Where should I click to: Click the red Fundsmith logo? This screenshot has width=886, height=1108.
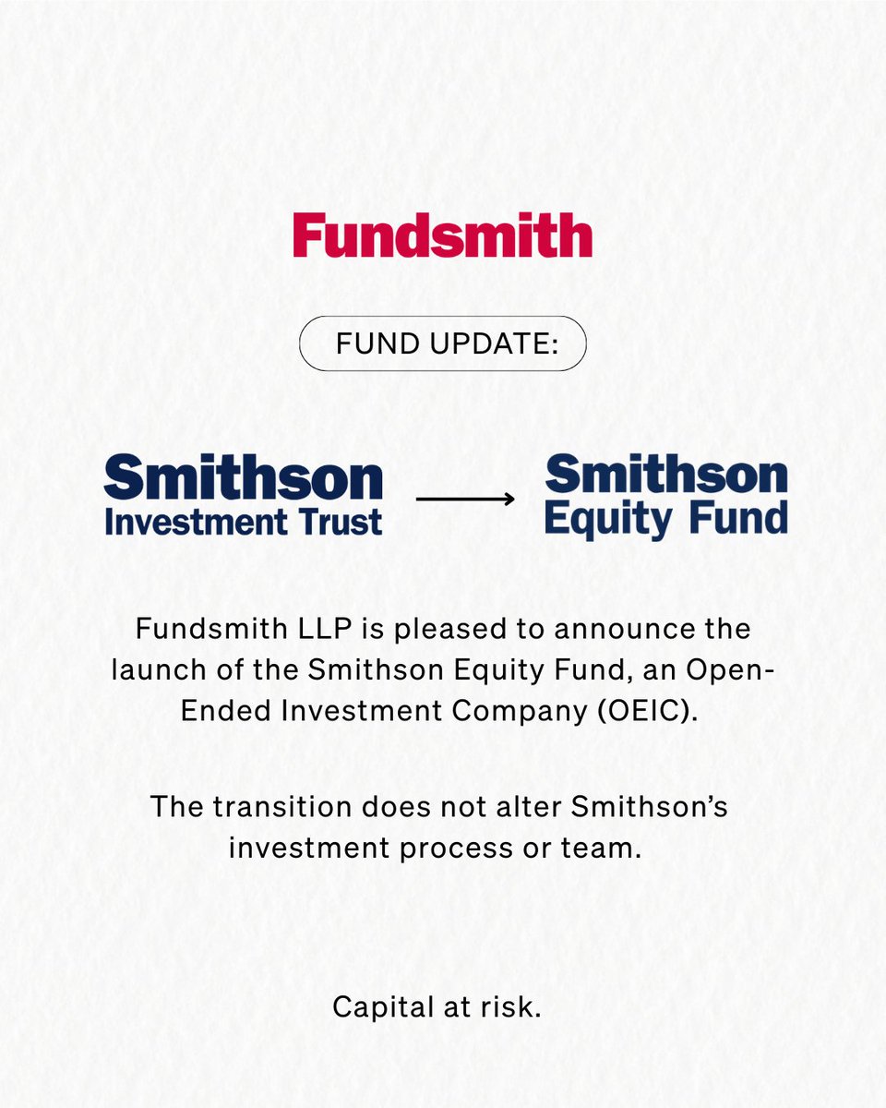click(x=442, y=235)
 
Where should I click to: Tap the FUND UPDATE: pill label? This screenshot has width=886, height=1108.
click(x=442, y=343)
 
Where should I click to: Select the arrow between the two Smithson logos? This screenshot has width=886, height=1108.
click(x=465, y=499)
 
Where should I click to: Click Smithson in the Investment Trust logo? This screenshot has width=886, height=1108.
click(x=243, y=479)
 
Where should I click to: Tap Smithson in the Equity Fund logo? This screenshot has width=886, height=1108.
click(x=665, y=476)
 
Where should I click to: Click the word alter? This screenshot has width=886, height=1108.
click(x=524, y=805)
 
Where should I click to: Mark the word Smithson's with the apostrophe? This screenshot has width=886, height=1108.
click(x=649, y=805)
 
